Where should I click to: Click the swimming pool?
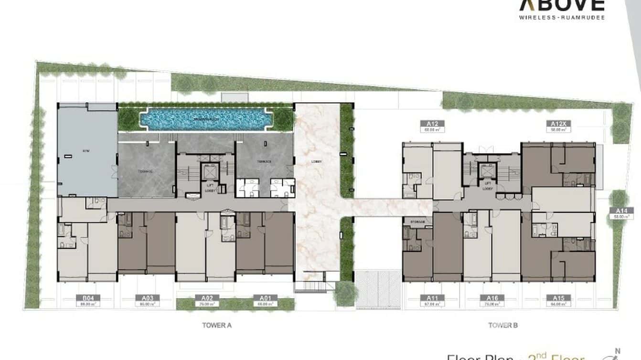tap(206, 119)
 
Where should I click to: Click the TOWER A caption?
tap(217, 326)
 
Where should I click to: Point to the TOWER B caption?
tap(503, 326)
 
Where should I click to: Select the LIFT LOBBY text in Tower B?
tap(487, 187)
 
